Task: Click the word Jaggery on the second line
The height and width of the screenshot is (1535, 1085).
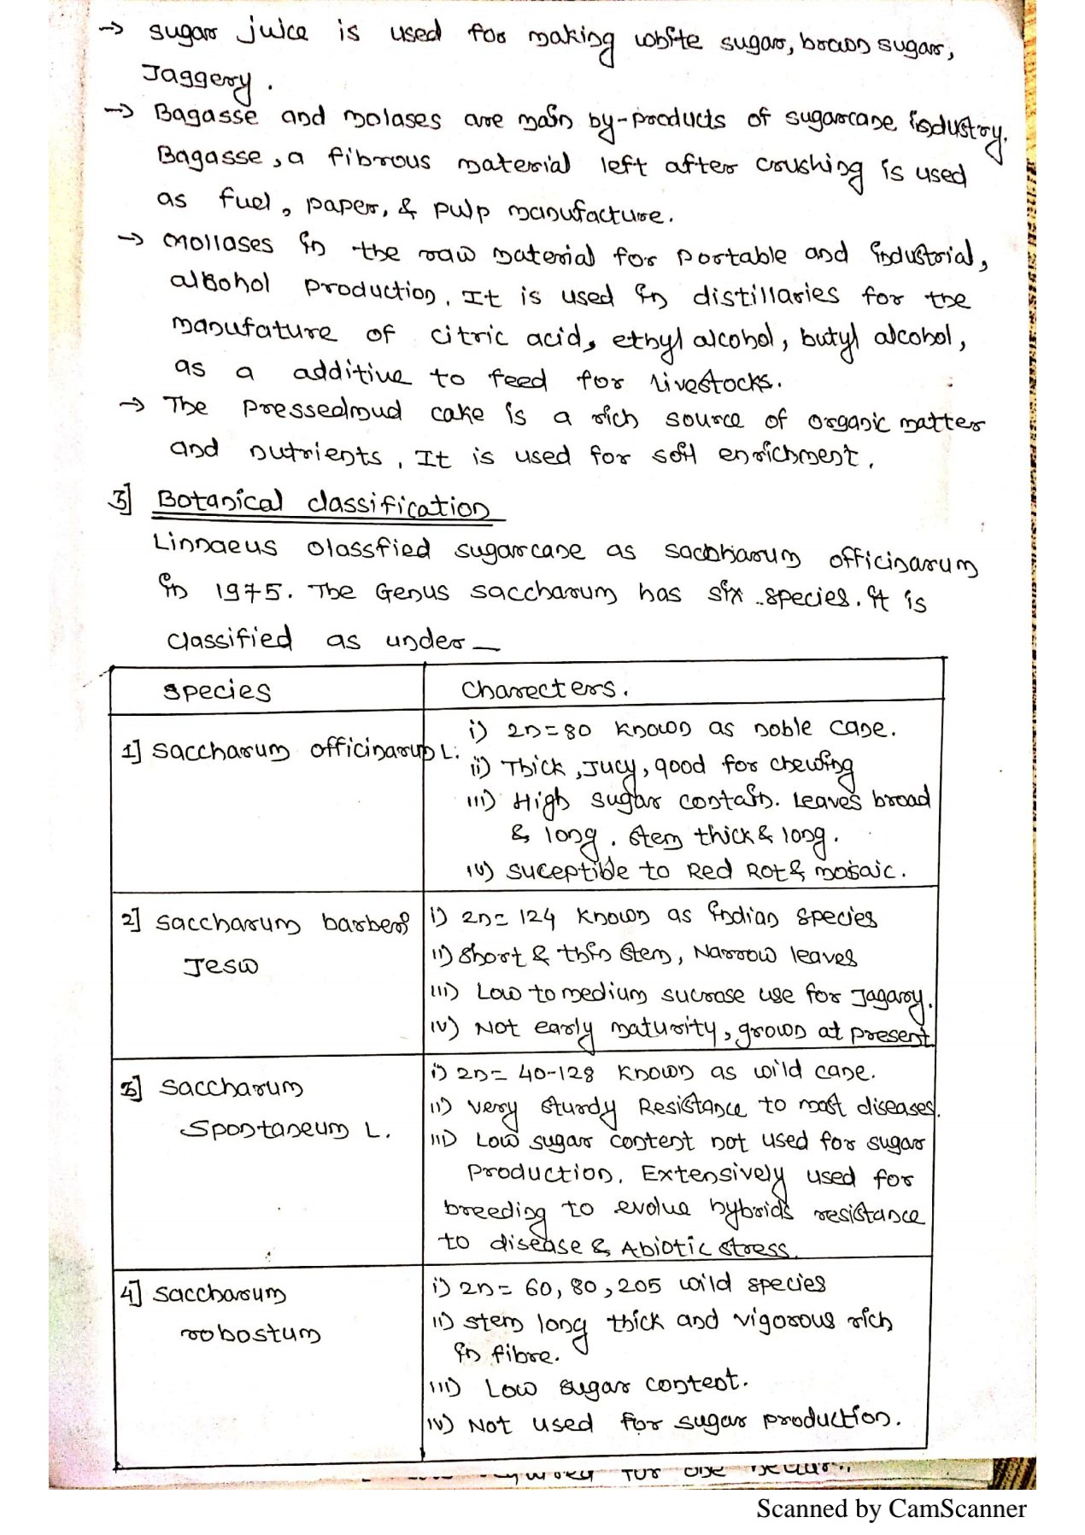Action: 196,79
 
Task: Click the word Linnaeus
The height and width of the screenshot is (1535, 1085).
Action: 215,545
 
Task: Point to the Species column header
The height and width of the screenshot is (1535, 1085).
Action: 217,690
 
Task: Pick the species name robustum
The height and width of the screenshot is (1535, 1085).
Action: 250,1333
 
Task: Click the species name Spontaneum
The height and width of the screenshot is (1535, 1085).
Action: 266,1129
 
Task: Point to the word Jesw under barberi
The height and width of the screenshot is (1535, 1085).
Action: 220,966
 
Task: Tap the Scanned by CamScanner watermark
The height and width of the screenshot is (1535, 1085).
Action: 890,1509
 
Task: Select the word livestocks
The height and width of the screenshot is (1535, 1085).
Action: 714,382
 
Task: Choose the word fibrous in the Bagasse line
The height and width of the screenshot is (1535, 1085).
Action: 378,159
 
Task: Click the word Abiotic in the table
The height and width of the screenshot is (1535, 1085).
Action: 666,1248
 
